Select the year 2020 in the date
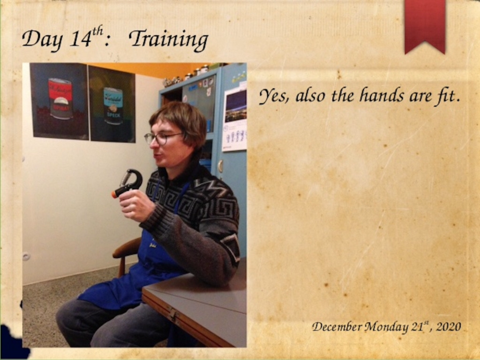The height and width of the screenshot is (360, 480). pyautogui.click(x=449, y=327)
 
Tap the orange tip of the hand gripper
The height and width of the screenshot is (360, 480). pyautogui.click(x=114, y=194)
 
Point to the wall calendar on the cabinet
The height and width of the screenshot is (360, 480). pyautogui.click(x=235, y=118)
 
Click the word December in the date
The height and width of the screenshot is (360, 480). pyautogui.click(x=337, y=327)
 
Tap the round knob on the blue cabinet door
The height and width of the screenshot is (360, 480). pyautogui.click(x=220, y=166)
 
